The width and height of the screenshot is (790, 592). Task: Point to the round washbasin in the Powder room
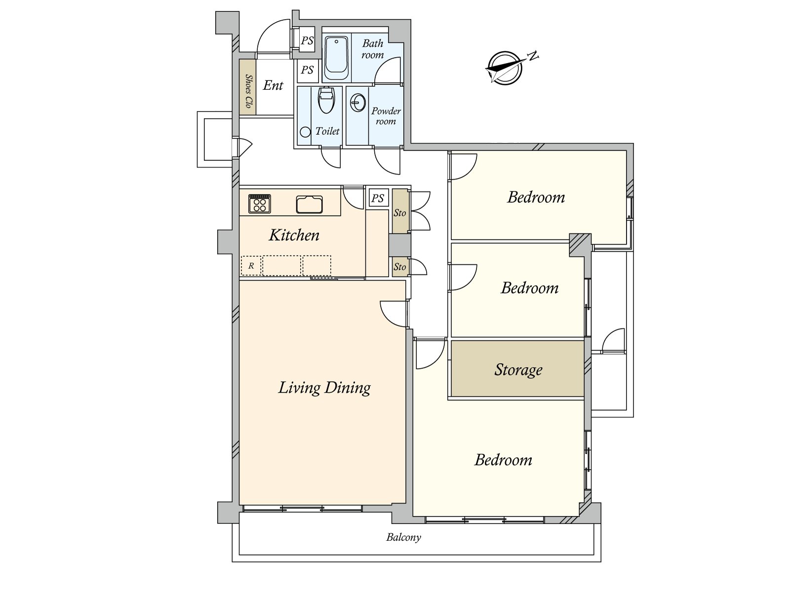coord(358,102)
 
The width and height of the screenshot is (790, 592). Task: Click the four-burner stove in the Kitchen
coord(260,204)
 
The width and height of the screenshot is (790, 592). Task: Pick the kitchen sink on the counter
coord(309,205)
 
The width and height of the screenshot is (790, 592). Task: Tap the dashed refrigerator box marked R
coord(251,265)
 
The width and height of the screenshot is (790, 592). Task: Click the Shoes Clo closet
coord(248,87)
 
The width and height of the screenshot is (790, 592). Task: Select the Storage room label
coord(518,370)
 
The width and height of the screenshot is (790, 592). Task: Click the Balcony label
coord(403,537)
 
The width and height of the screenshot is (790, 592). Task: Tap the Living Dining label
coord(324,388)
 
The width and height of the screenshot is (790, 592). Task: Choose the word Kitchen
coord(294,235)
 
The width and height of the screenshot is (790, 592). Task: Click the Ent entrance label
coord(273,85)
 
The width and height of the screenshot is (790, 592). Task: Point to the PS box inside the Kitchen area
coord(378,198)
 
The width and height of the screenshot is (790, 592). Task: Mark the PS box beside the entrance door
coord(307,40)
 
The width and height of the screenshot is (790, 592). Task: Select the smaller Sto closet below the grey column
coord(400,267)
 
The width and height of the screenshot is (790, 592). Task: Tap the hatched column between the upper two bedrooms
coord(580,245)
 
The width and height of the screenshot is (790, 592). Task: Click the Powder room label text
coord(386,116)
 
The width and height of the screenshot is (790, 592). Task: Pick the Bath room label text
coord(372,49)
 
